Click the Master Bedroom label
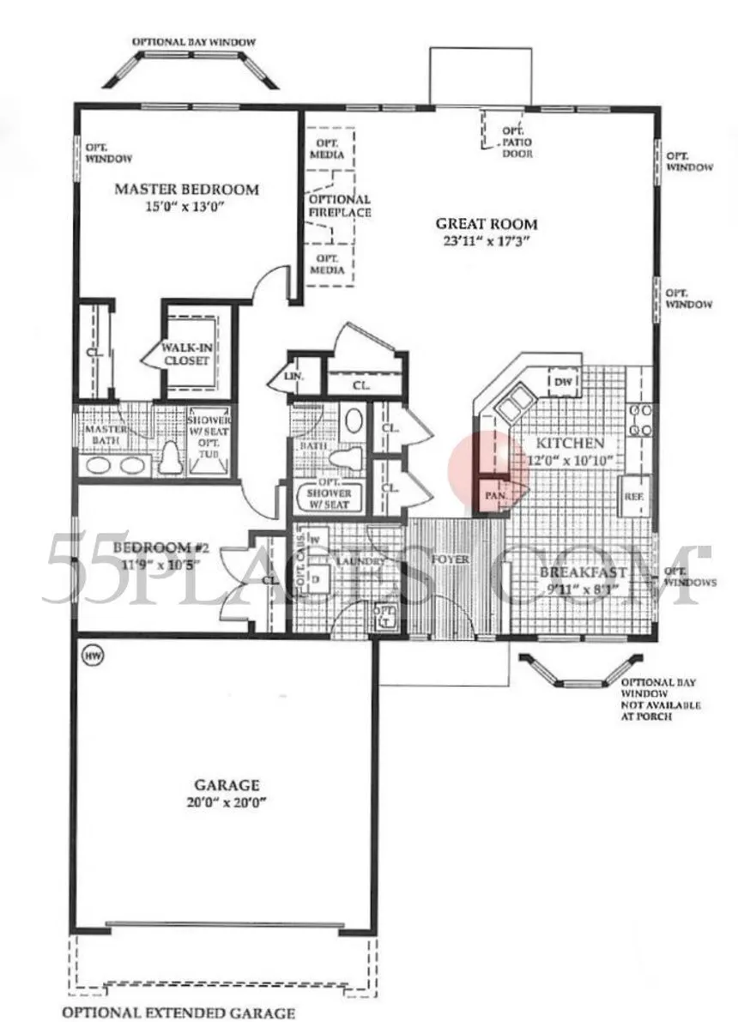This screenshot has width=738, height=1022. point(186,190)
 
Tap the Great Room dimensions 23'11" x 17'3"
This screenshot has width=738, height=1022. point(486,241)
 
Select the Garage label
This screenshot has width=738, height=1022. point(227,784)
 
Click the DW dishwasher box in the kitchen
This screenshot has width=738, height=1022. point(564,382)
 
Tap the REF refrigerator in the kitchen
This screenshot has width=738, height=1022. point(632,497)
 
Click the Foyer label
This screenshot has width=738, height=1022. point(451,559)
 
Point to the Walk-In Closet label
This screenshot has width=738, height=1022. point(186,354)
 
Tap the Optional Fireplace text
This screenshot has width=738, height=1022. point(340,205)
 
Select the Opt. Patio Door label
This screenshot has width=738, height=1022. point(517,142)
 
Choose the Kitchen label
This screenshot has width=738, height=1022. point(571,444)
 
